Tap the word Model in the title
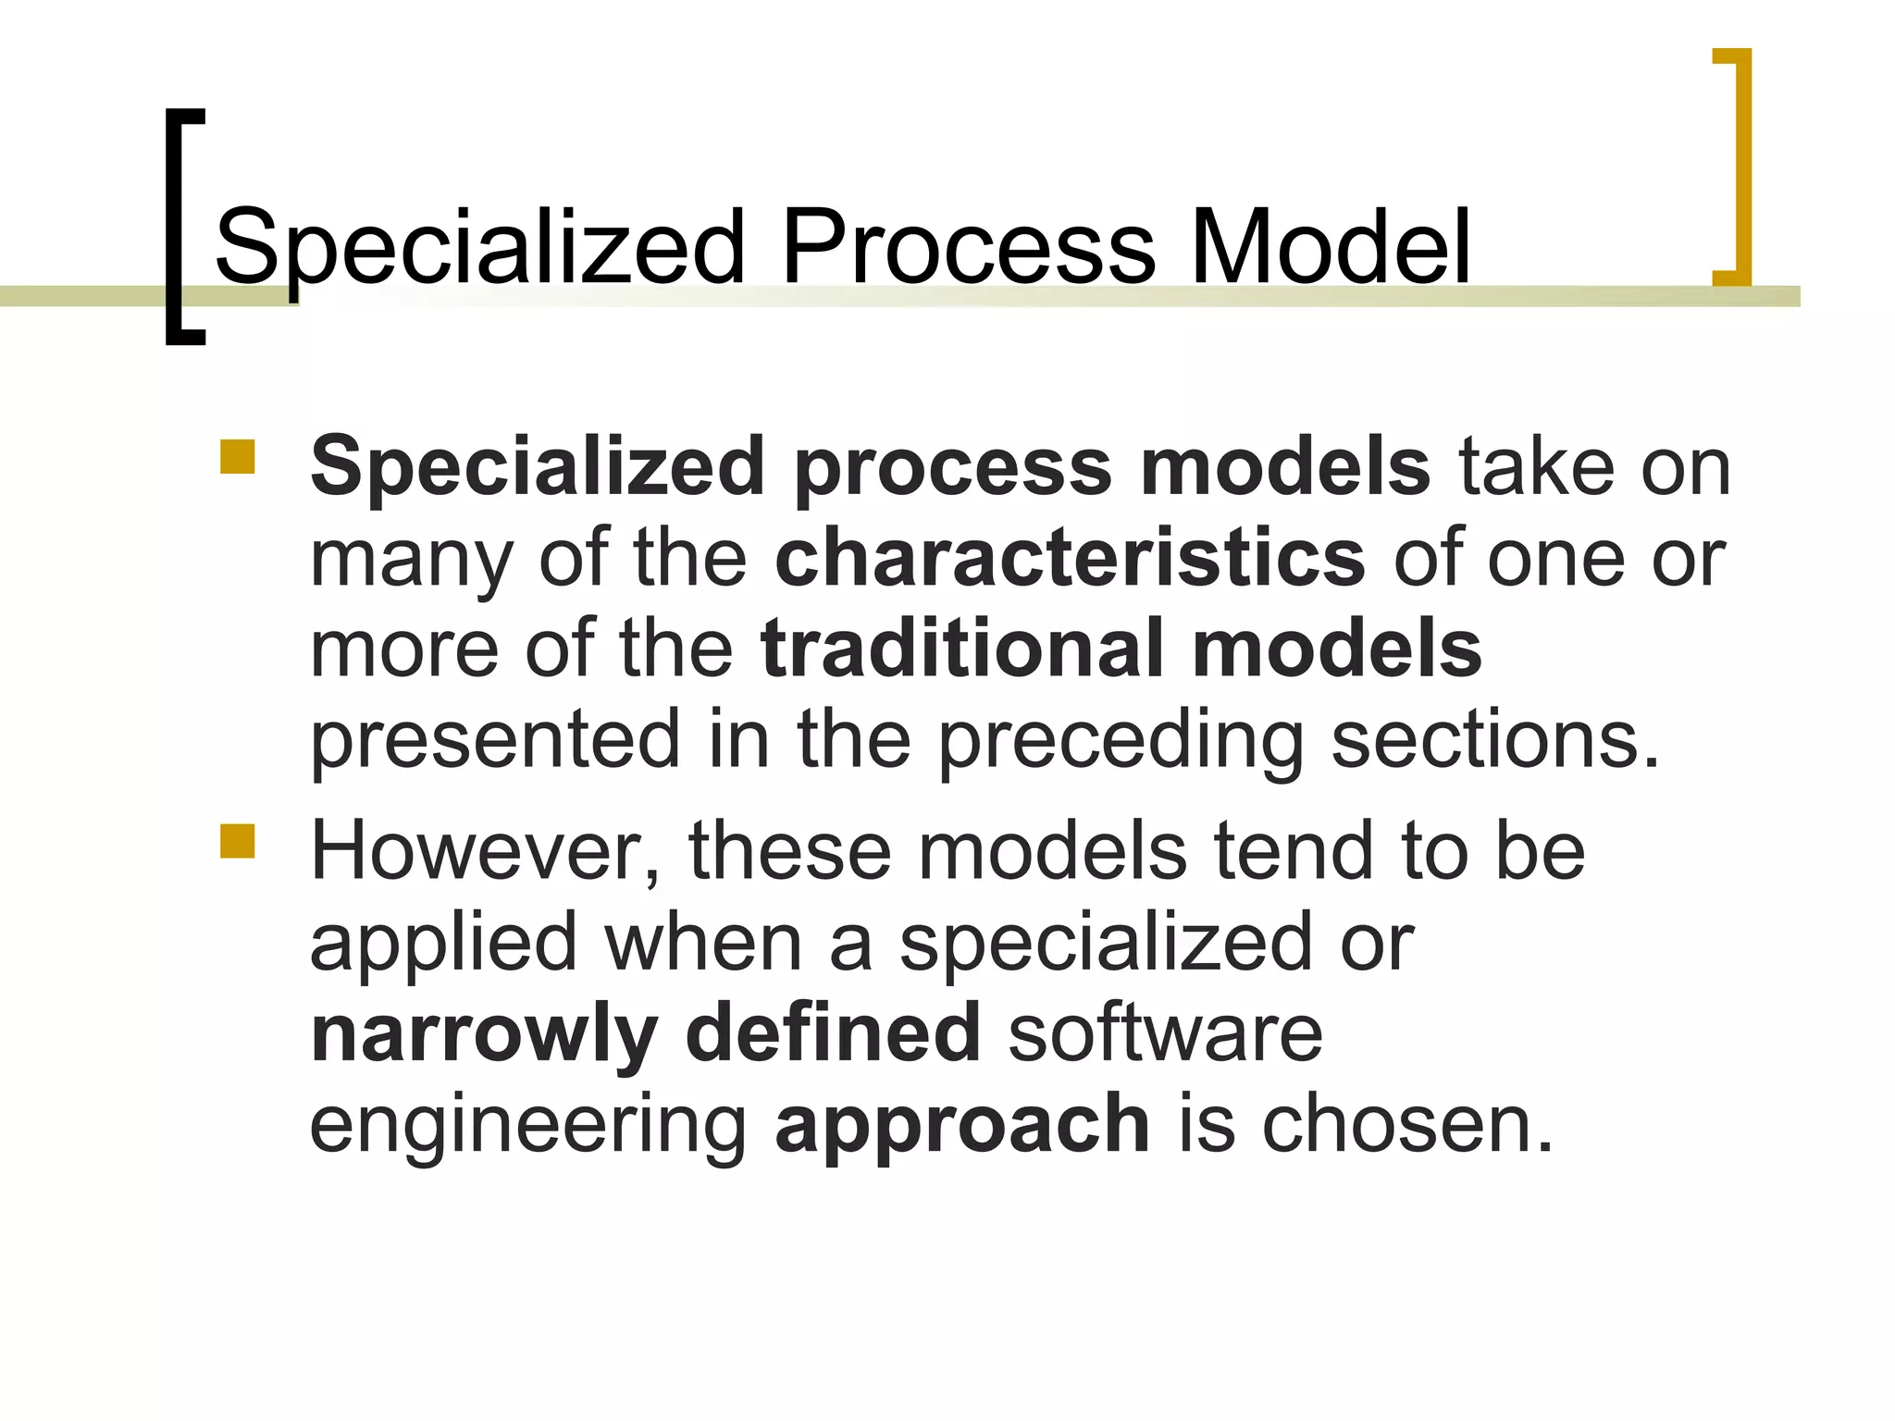[x=1331, y=247]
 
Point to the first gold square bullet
[x=238, y=457]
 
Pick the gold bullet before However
[x=238, y=841]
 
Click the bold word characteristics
[x=1070, y=558]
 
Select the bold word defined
[x=833, y=1032]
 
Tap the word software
[x=1165, y=1032]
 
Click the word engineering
[x=527, y=1125]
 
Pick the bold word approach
[x=962, y=1125]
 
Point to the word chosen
[x=1407, y=1123]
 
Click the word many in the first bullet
[x=411, y=560]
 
